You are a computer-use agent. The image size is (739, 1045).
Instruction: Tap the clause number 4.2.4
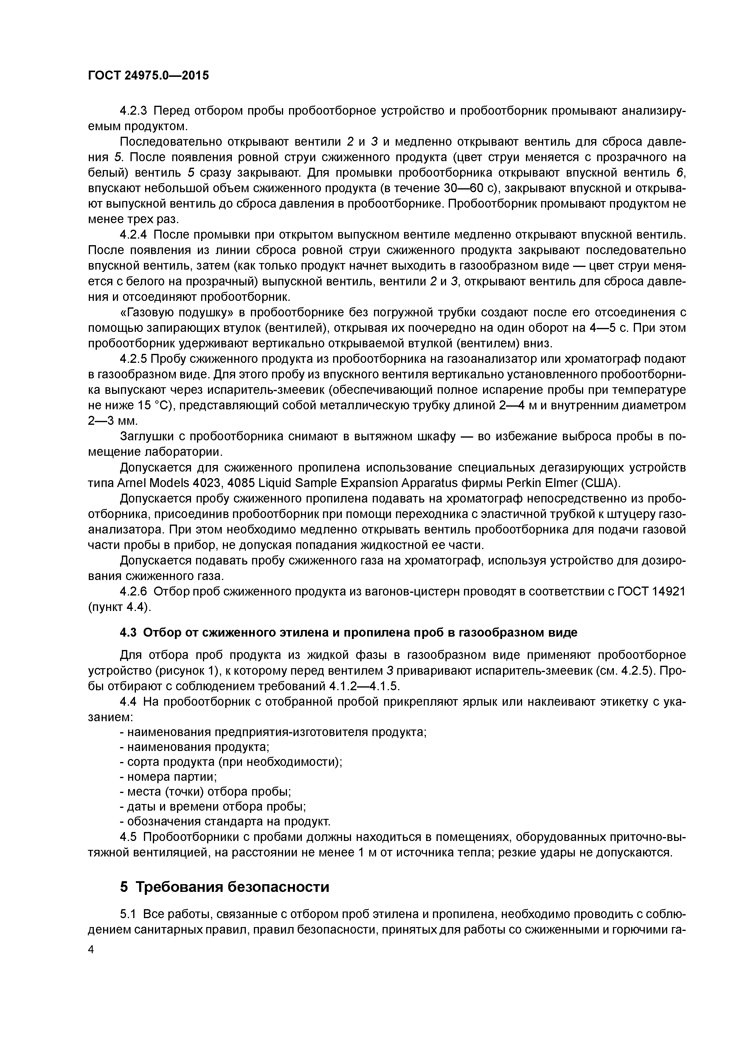pos(133,235)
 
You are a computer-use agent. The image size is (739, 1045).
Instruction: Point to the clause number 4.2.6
pos(133,592)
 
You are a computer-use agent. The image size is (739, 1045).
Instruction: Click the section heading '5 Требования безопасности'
pos(224,887)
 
